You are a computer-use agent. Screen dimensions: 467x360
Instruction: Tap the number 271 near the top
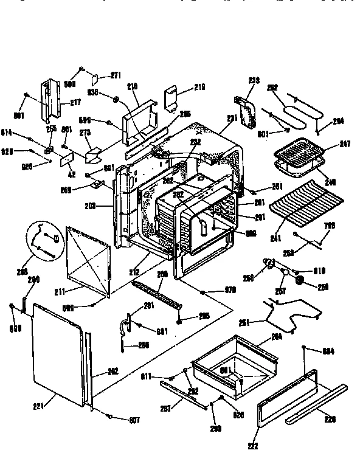pyautogui.click(x=116, y=75)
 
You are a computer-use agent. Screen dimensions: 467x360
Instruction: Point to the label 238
pyautogui.click(x=254, y=80)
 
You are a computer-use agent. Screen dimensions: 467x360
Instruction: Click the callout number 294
pyautogui.click(x=338, y=121)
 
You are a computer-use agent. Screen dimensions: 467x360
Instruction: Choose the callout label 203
pyautogui.click(x=107, y=206)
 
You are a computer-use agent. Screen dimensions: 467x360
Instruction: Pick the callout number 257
pyautogui.click(x=282, y=290)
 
